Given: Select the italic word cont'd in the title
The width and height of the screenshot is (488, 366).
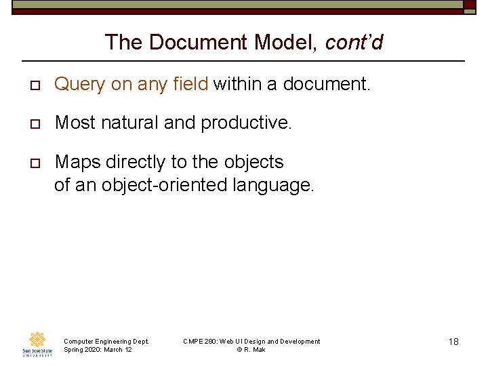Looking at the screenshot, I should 354,43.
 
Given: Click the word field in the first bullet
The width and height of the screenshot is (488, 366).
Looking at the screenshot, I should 190,84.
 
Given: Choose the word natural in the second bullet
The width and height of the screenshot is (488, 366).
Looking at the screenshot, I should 126,123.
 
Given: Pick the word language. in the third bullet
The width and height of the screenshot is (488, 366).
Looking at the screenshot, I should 274,184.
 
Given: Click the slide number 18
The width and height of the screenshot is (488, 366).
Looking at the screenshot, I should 453,342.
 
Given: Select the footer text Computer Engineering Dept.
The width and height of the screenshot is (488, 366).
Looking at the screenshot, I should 106,341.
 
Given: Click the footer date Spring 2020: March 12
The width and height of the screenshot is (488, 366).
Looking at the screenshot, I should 98,349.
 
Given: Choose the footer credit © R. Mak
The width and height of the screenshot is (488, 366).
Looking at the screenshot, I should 251,349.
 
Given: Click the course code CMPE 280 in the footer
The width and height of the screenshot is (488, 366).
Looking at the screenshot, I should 199,341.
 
